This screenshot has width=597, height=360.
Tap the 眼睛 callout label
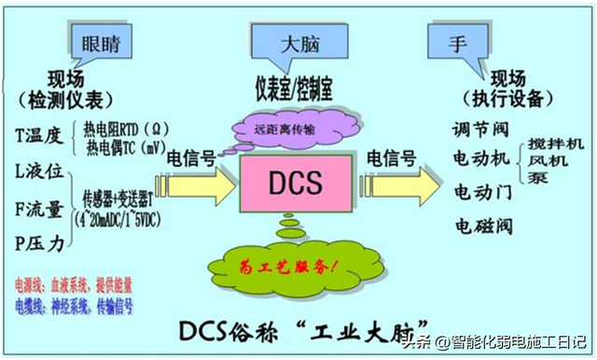pyautogui.click(x=99, y=43)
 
